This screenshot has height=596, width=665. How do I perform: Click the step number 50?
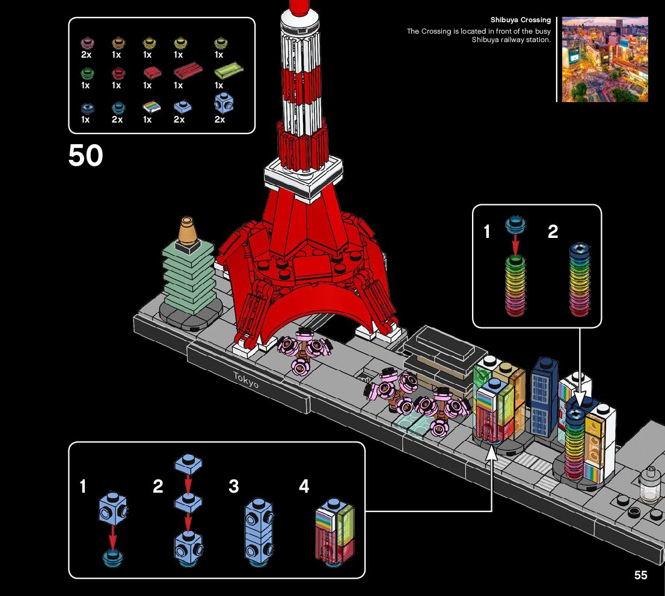[85, 155]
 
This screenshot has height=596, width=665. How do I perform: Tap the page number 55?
[640, 575]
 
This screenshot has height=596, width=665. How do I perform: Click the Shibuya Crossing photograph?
[605, 59]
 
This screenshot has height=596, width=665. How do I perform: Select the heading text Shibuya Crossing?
[520, 20]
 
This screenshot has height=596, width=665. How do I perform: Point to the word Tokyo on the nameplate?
[247, 380]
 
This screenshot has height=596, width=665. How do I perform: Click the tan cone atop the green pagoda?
[189, 229]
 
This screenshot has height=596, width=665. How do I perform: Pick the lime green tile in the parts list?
[228, 71]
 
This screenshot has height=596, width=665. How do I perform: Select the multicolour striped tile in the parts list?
[151, 107]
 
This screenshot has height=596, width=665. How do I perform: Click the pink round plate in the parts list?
[86, 43]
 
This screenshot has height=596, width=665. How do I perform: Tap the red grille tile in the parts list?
[188, 72]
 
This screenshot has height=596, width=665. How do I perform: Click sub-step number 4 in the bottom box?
[304, 486]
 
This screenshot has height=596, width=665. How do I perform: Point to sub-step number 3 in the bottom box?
[234, 486]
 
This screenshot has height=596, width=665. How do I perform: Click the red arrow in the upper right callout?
[515, 244]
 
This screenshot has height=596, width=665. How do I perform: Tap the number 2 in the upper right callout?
[553, 231]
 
